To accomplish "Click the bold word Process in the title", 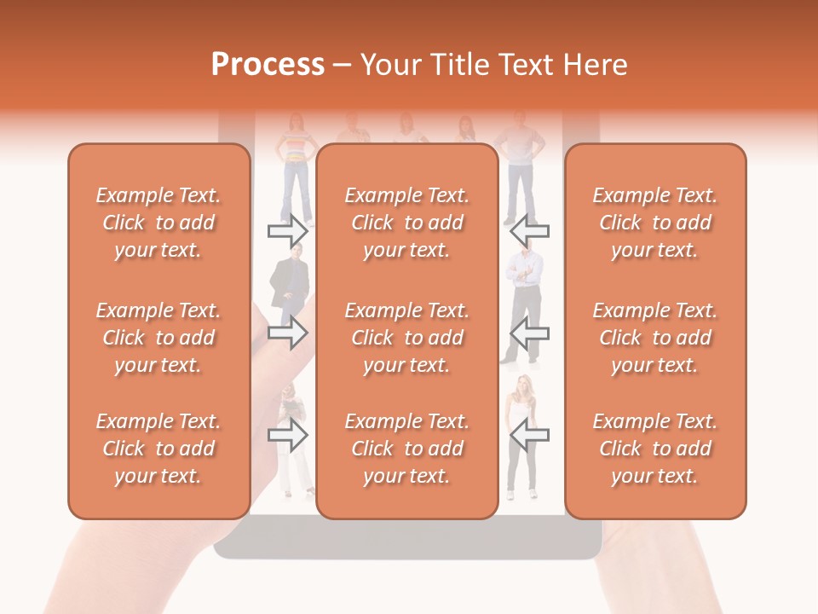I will point(268,65).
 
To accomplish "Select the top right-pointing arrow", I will point(287,230).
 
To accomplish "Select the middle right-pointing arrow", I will point(287,332).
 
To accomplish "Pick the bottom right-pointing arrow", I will point(287,436).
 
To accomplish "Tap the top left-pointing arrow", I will point(529,230).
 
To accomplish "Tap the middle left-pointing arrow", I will point(529,332).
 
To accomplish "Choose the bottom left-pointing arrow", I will point(529,436).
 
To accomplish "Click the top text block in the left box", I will point(158,223).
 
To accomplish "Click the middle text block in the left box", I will point(158,338).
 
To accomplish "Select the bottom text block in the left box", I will point(158,449).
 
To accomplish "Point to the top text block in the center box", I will point(406,223).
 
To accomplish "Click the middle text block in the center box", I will point(406,338).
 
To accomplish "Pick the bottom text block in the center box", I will point(406,449).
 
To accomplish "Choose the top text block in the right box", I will point(654,223).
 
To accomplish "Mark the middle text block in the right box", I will point(654,338).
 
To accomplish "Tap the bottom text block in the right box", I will point(654,449).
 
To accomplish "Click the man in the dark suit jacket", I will point(288,281).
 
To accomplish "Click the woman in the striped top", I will point(295,162).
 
